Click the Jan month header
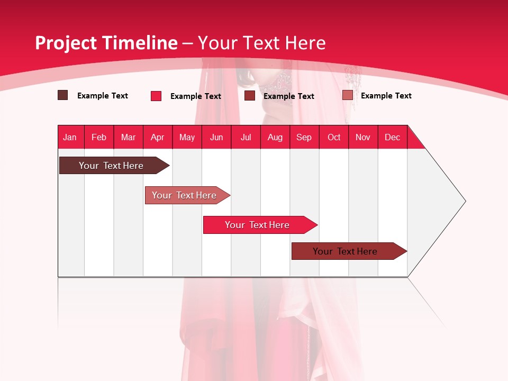[70, 137]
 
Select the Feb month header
[99, 137]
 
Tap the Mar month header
[128, 137]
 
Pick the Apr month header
[158, 137]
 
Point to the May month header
[187, 137]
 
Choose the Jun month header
[216, 137]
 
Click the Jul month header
[246, 137]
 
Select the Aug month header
[275, 137]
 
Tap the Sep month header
[304, 137]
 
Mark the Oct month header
[334, 137]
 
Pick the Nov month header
[363, 137]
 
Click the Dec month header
[393, 137]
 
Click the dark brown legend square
[63, 95]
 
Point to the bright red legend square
[156, 96]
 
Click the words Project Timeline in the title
[106, 43]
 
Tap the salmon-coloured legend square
[348, 95]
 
